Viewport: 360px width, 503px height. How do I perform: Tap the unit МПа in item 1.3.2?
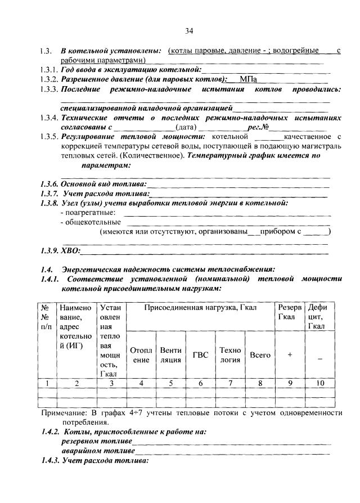pyautogui.click(x=248, y=79)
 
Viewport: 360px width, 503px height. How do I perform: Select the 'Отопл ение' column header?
pyautogui.click(x=141, y=355)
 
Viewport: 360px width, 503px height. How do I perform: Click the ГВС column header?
pyautogui.click(x=200, y=355)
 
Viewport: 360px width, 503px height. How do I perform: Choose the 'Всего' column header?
pyautogui.click(x=260, y=355)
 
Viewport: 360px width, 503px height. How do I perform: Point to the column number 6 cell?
pyautogui.click(x=200, y=384)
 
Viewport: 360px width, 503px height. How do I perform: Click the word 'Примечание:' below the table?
pyautogui.click(x=64, y=413)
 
